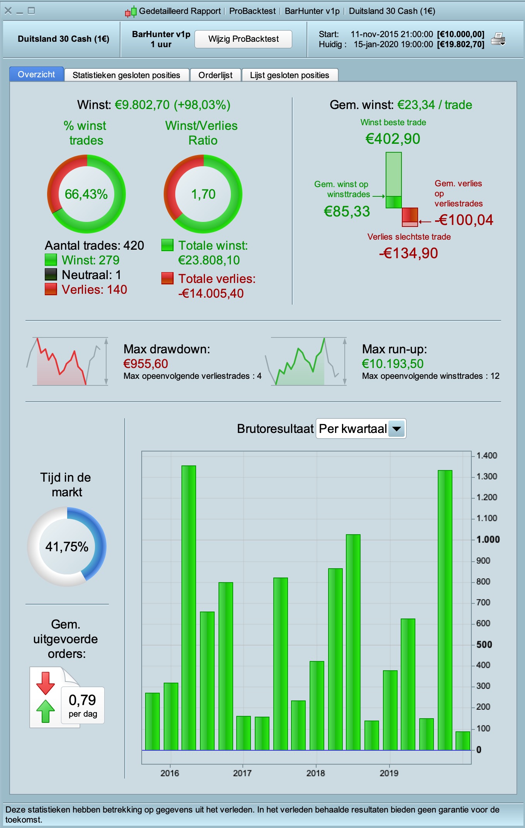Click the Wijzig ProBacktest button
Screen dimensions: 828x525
pyautogui.click(x=243, y=39)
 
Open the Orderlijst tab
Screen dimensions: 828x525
pyautogui.click(x=215, y=75)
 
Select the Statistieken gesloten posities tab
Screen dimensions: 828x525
pyautogui.click(x=126, y=75)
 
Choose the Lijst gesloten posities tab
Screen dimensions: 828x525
pyautogui.click(x=290, y=75)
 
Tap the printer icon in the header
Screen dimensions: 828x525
pyautogui.click(x=498, y=39)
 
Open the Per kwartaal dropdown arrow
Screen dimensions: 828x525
pyautogui.click(x=396, y=429)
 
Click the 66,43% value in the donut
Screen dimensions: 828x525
pyautogui.click(x=86, y=194)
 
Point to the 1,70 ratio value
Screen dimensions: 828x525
pyautogui.click(x=203, y=194)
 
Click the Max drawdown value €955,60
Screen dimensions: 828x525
pyautogui.click(x=146, y=364)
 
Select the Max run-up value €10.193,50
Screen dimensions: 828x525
pyautogui.click(x=393, y=364)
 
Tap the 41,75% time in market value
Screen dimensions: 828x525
pyautogui.click(x=67, y=547)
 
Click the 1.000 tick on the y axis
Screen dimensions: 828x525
pyautogui.click(x=488, y=539)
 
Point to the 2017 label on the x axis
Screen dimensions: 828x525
pyautogui.click(x=242, y=773)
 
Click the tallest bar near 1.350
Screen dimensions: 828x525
pyautogui.click(x=189, y=607)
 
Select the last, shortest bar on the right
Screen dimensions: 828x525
pyautogui.click(x=463, y=741)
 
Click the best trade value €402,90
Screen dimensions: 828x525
pyautogui.click(x=393, y=139)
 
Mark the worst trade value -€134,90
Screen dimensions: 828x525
pyautogui.click(x=408, y=253)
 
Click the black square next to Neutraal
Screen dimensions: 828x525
pyautogui.click(x=51, y=274)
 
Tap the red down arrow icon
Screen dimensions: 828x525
pyautogui.click(x=46, y=683)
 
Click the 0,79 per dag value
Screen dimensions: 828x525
pyautogui.click(x=82, y=700)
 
